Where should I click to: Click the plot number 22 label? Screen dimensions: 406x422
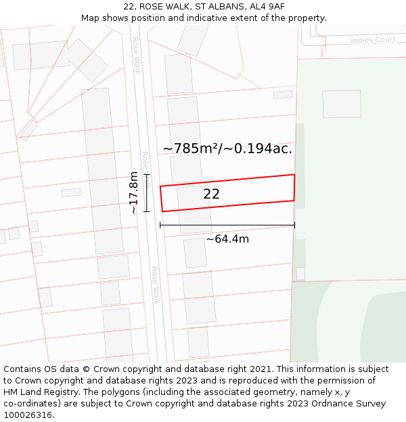point(211,194)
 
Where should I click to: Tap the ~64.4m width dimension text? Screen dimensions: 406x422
point(227,239)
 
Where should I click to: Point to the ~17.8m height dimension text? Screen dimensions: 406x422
point(133,192)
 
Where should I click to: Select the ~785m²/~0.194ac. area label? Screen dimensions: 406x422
point(227,149)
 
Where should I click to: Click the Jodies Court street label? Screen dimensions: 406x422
point(373,41)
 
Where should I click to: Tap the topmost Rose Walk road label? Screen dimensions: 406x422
point(136,55)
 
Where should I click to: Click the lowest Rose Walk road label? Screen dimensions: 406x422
point(155,284)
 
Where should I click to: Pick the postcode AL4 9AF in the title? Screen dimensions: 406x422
point(267,7)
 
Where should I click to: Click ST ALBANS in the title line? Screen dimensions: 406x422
point(219,7)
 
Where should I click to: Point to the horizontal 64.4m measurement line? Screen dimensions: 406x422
point(227,225)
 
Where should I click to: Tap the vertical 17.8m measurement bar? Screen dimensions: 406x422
point(147,192)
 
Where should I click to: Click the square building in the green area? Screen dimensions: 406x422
point(341,104)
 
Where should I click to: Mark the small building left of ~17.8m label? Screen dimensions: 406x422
point(70,192)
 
